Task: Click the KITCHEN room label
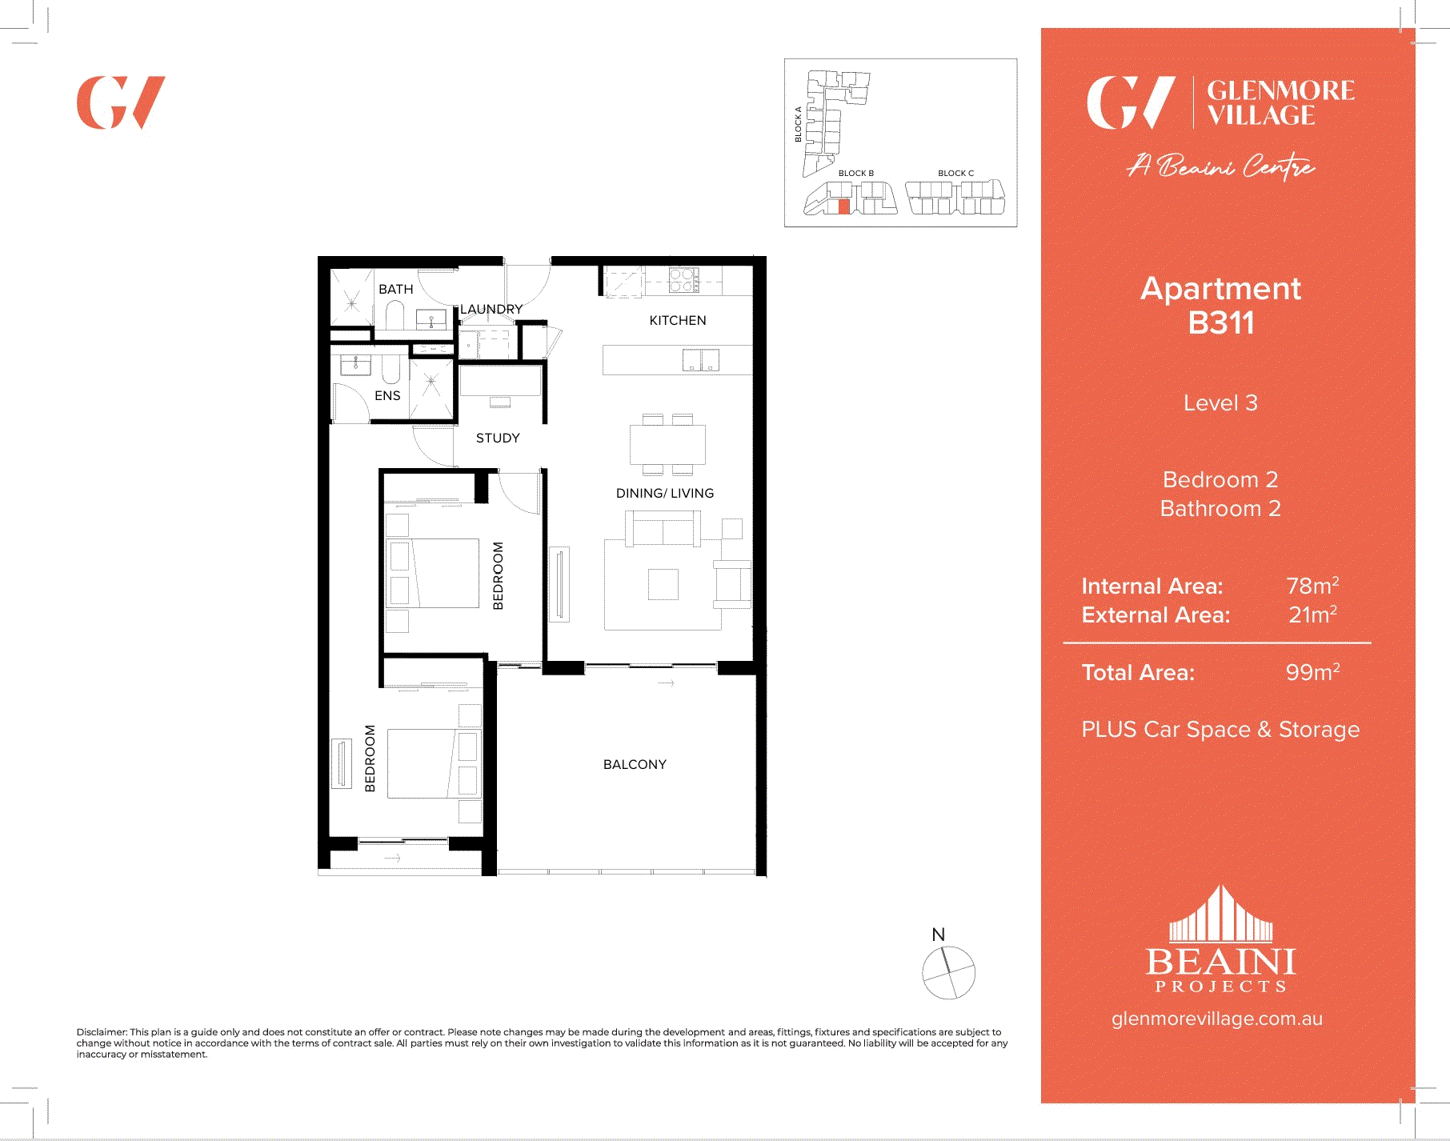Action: pos(677,320)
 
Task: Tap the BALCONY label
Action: pos(635,764)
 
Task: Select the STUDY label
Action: pos(498,438)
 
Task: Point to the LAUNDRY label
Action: pos(491,309)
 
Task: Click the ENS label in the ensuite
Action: pos(387,395)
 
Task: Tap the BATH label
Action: pos(395,289)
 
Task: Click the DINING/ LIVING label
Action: pos(664,493)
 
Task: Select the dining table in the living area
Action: pos(667,444)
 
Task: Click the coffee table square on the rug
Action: pos(663,583)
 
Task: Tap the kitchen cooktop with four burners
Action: pos(684,280)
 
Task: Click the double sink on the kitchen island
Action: pos(701,360)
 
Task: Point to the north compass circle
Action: pos(948,972)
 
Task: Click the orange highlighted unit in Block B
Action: pos(843,206)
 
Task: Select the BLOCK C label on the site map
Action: pos(955,173)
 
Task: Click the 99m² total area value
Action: pos(1312,672)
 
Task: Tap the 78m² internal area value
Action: pos(1312,586)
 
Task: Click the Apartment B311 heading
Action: pos(1220,306)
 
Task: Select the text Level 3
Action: pos(1220,402)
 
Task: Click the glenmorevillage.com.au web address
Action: pos(1216,1019)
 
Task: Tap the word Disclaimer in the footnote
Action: pos(102,1032)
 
